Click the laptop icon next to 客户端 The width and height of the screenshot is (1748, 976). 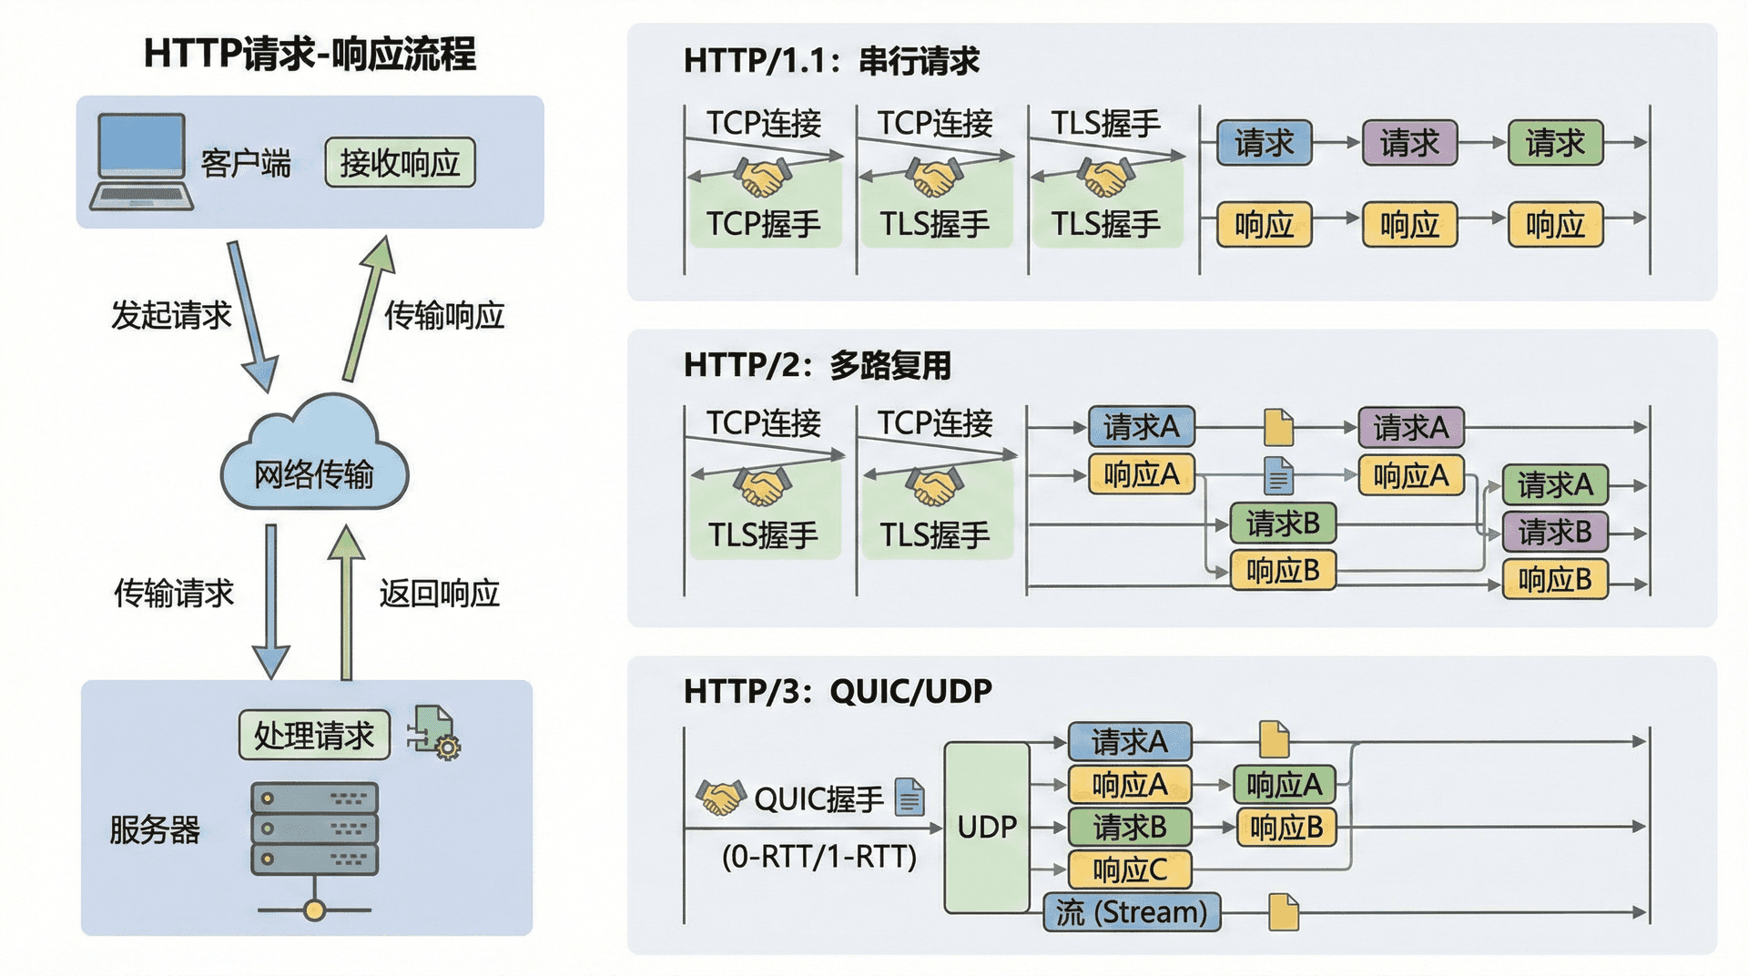pyautogui.click(x=142, y=161)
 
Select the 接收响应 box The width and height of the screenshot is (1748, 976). pyautogui.click(x=400, y=163)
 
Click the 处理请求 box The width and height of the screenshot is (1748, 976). pyautogui.click(x=314, y=735)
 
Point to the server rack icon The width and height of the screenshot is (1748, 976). pyautogui.click(x=314, y=829)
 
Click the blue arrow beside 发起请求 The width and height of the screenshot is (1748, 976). pyautogui.click(x=252, y=315)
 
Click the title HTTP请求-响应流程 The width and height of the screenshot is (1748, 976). pyautogui.click(x=310, y=54)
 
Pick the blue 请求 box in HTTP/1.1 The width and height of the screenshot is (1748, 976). pyautogui.click(x=1264, y=143)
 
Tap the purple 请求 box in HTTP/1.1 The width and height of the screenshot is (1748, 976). pyautogui.click(x=1409, y=143)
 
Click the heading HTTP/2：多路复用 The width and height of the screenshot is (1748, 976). pyautogui.click(x=817, y=365)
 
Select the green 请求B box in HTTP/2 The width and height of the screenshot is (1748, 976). pyautogui.click(x=1283, y=524)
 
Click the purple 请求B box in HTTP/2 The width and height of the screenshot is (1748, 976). pyautogui.click(x=1554, y=532)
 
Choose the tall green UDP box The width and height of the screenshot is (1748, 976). pyautogui.click(x=987, y=827)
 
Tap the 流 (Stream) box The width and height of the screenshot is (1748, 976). pyautogui.click(x=1132, y=911)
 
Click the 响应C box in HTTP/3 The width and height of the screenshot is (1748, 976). pyautogui.click(x=1129, y=869)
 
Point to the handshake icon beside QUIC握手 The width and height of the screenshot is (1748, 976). pyautogui.click(x=720, y=798)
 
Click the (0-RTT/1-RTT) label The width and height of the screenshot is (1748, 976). pyautogui.click(x=818, y=857)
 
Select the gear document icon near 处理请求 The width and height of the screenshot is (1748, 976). pyautogui.click(x=435, y=733)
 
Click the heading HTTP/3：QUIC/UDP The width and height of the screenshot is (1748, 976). pyautogui.click(x=838, y=692)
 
